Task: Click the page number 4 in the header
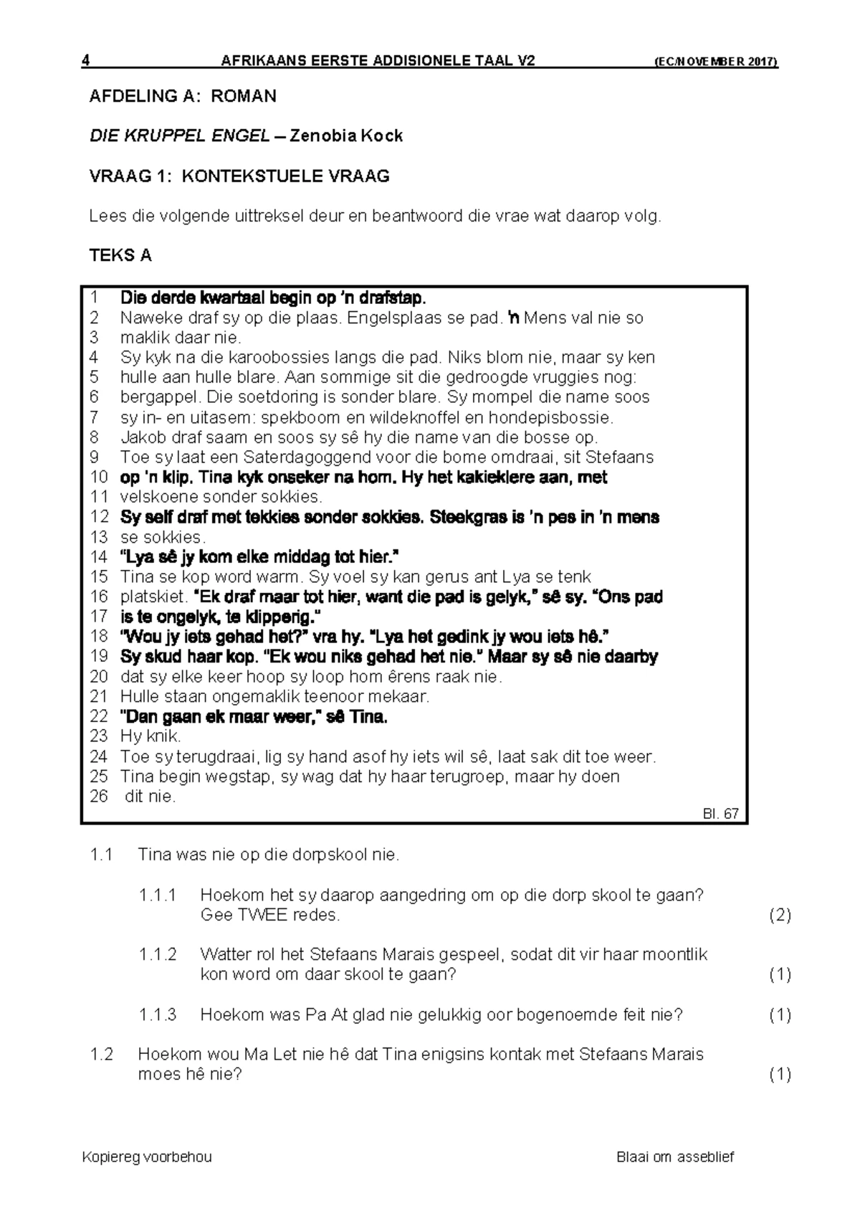click(85, 61)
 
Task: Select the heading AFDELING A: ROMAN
click(182, 96)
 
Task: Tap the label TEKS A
click(120, 256)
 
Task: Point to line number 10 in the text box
click(99, 478)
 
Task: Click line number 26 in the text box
click(99, 797)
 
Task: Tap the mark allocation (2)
click(780, 915)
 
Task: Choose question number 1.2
click(102, 1054)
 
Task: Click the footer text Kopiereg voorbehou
click(147, 1156)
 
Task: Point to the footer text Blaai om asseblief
click(675, 1156)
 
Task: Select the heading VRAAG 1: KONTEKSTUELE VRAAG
click(239, 176)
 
